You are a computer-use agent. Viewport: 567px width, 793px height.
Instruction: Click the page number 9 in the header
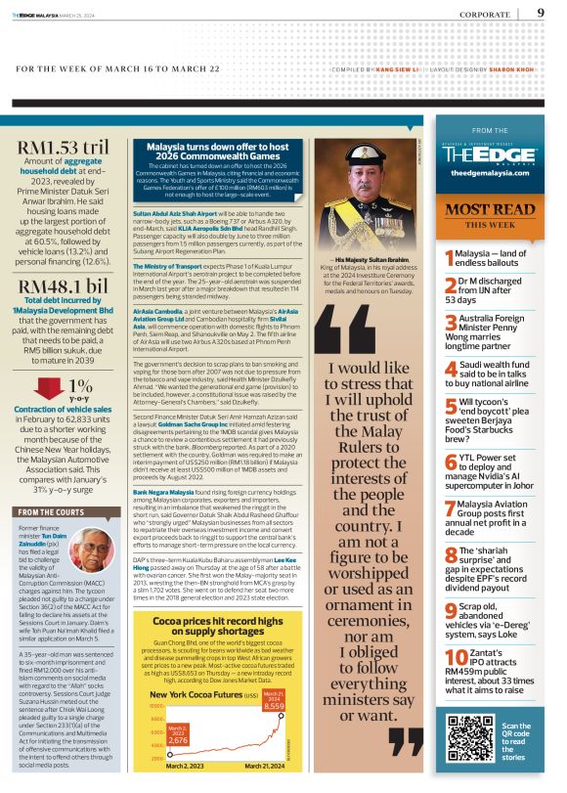click(541, 14)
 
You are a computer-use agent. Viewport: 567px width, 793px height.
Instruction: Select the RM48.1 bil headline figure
click(63, 286)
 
